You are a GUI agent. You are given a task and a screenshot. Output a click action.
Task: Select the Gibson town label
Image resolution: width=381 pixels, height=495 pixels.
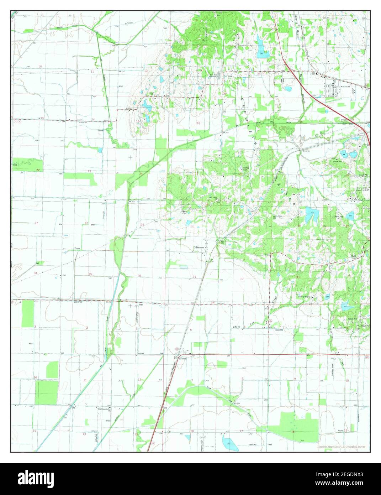[183, 359]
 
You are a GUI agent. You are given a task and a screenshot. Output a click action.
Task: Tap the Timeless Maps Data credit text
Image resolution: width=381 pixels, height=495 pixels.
[341, 447]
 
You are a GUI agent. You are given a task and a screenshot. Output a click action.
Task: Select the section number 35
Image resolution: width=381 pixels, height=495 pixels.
[90, 274]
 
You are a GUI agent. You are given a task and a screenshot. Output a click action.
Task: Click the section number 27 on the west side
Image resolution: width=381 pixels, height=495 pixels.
[36, 223]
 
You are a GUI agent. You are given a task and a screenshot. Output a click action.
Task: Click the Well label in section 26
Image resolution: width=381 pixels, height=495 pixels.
[93, 225]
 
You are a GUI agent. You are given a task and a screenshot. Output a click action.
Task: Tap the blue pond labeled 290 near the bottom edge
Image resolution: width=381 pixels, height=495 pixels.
[228, 443]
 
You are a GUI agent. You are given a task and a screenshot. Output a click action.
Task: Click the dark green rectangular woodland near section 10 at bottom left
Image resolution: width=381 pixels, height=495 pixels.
[46, 392]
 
